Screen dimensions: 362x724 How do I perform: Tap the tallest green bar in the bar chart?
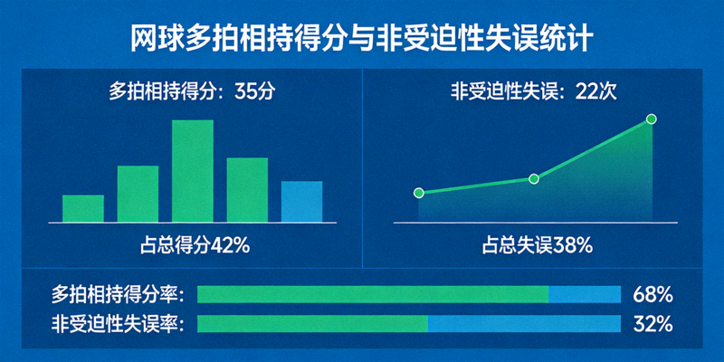(x=193, y=171)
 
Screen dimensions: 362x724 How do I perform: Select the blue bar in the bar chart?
(x=301, y=201)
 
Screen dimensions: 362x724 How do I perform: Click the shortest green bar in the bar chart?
(x=83, y=208)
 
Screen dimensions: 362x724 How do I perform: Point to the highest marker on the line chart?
(x=650, y=119)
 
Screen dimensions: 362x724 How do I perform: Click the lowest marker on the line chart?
(x=418, y=193)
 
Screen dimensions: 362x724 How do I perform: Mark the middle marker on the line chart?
(x=533, y=179)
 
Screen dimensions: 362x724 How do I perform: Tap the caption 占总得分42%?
(x=193, y=244)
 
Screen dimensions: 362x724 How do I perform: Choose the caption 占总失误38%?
(x=537, y=244)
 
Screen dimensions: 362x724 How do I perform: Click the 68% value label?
(x=653, y=294)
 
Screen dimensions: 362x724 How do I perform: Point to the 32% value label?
(x=653, y=324)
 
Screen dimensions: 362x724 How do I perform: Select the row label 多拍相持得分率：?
(x=119, y=294)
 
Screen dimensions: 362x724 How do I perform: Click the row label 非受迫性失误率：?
(x=119, y=324)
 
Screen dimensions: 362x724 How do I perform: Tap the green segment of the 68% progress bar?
(x=372, y=294)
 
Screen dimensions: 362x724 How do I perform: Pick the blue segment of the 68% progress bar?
(x=585, y=294)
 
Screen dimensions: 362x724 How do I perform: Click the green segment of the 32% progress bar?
(x=312, y=324)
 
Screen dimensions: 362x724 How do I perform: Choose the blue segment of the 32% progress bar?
(x=524, y=324)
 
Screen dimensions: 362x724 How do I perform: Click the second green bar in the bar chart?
(x=138, y=194)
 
